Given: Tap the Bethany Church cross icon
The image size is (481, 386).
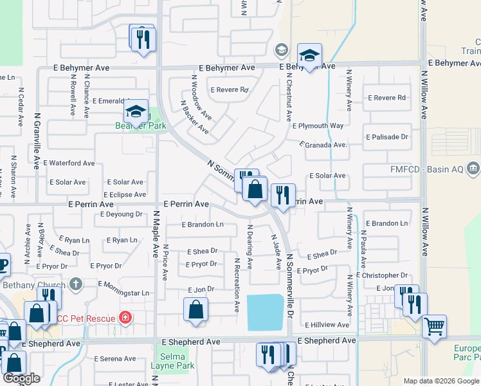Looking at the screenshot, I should click(x=76, y=284).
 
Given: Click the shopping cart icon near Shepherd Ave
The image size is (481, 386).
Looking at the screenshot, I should click(x=434, y=326).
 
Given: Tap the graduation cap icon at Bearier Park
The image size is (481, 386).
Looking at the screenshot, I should click(x=136, y=111).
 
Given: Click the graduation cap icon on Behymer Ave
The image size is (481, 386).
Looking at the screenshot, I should click(x=309, y=56).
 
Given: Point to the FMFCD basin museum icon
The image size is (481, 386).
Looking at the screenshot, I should click(x=473, y=169).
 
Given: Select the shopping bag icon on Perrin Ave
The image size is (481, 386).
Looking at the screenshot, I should click(x=255, y=189).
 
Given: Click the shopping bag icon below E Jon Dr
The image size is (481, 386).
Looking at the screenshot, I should click(x=195, y=309).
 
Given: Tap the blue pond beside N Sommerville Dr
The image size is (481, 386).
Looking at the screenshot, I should click(x=265, y=311).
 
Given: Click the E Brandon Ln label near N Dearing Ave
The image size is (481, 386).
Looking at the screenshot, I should click(x=203, y=225).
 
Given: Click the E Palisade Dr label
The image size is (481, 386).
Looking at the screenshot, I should click(x=387, y=137).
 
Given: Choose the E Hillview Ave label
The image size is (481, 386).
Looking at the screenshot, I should click(x=328, y=325).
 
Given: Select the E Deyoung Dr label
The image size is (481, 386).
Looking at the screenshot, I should click(x=122, y=214).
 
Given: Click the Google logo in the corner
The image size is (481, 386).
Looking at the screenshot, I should click(x=21, y=378).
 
